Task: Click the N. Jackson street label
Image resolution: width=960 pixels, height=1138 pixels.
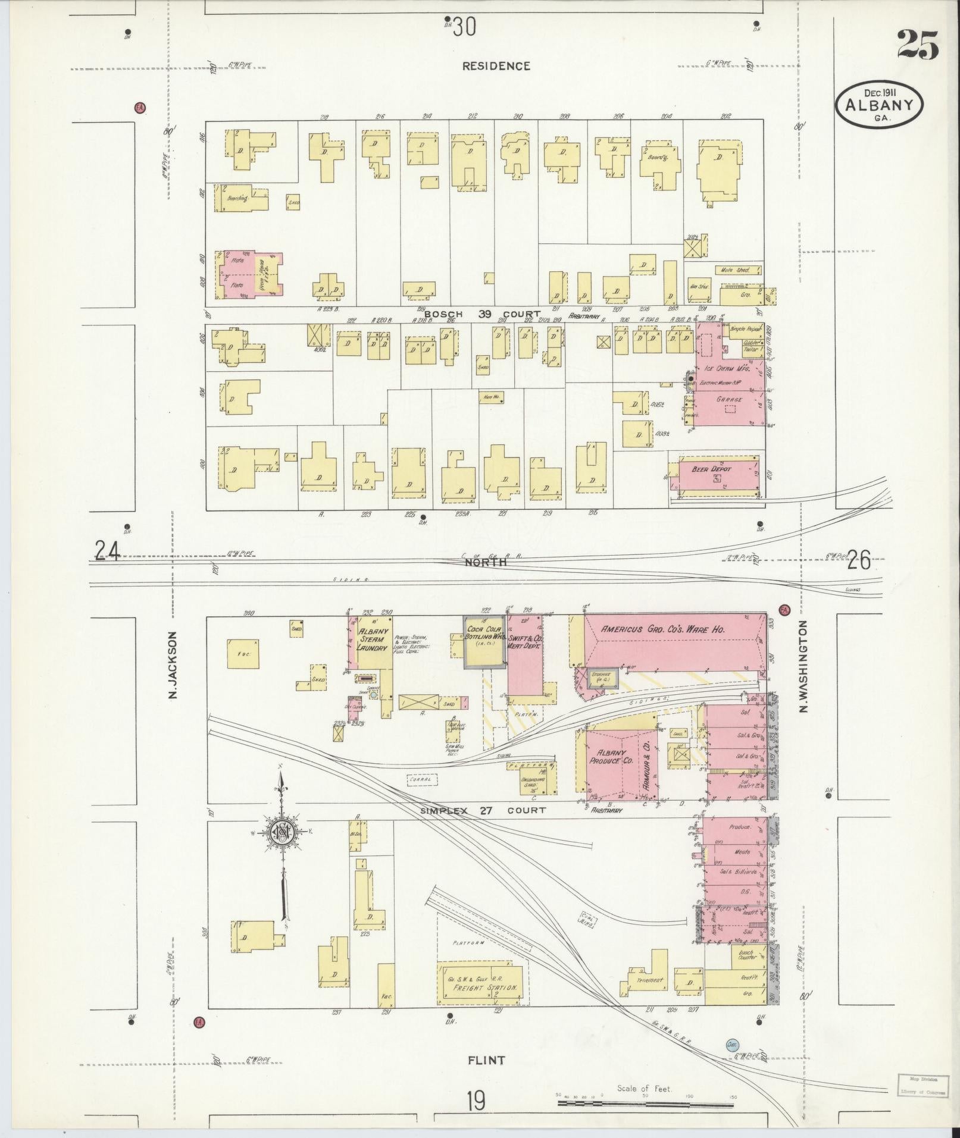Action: point(173,664)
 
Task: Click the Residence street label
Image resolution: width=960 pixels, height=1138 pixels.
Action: point(496,66)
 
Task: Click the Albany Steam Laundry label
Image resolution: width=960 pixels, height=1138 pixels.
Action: point(373,639)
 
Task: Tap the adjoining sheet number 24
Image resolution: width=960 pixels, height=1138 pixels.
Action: point(108,551)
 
